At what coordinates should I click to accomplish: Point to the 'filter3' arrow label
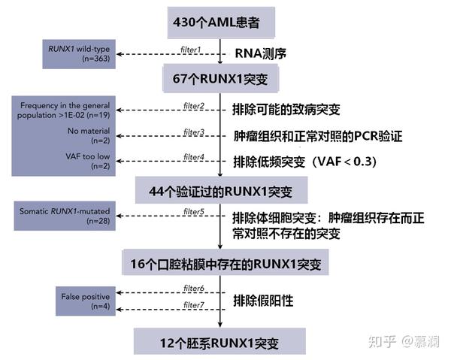pos(194,132)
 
